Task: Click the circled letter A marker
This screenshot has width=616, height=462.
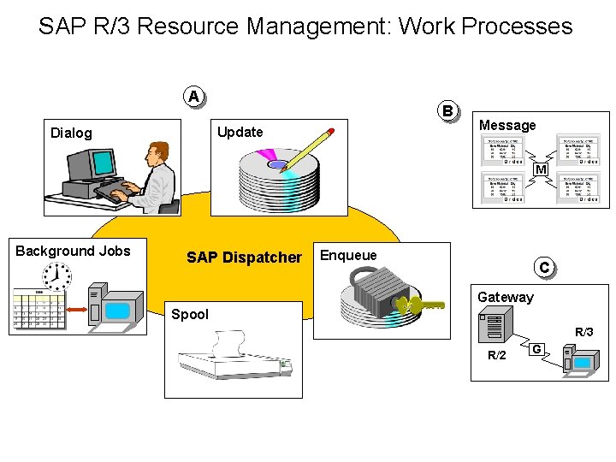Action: point(194,96)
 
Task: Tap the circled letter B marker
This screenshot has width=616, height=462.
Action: point(447,110)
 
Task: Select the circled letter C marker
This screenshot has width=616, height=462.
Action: point(543,267)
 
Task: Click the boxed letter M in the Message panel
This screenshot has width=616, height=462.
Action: point(541,170)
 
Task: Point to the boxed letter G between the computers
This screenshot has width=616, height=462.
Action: point(536,348)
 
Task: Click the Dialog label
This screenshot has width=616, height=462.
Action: point(71,133)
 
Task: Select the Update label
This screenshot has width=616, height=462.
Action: point(240,132)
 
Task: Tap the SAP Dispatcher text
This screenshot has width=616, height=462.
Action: point(244,258)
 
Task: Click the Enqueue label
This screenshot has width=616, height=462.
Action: point(347,255)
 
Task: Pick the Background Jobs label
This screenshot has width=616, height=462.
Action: point(73,251)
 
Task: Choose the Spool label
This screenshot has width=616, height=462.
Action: point(189,314)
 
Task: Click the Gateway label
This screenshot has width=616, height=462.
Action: point(505,297)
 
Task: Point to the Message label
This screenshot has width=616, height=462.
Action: point(507,125)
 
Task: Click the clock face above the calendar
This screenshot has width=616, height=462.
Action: point(58,275)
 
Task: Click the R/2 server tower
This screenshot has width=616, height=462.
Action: point(495,330)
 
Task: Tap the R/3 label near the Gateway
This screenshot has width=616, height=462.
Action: point(583,331)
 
